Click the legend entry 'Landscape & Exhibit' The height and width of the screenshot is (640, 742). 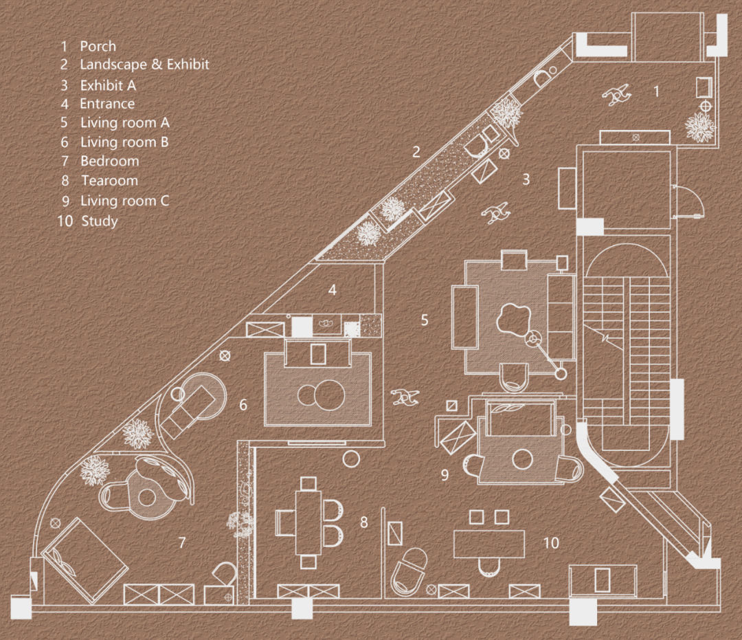tap(144, 65)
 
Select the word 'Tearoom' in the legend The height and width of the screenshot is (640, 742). tap(109, 181)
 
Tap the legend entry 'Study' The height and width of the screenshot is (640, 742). tap(99, 221)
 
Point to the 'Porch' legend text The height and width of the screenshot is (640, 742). tap(98, 46)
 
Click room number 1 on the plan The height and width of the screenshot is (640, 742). tap(656, 91)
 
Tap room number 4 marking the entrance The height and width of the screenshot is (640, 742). tap(333, 290)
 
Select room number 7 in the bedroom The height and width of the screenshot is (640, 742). tap(182, 543)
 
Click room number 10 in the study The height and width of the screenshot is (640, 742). tap(551, 543)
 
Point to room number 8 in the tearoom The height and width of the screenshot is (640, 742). tap(363, 522)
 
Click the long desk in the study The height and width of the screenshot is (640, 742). tap(489, 543)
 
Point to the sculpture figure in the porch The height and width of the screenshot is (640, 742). tap(616, 95)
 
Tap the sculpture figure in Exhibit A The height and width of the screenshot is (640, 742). tap(497, 214)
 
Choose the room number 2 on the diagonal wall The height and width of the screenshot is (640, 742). tap(416, 152)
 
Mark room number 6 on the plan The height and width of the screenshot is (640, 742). tap(243, 405)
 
